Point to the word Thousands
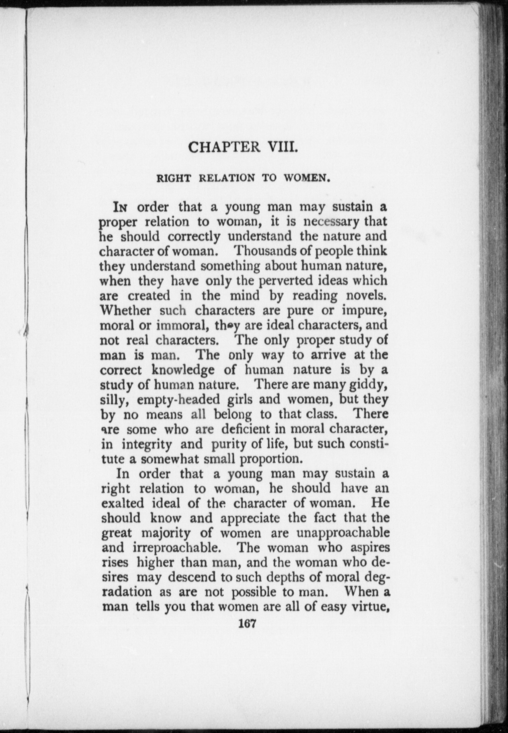point(266,251)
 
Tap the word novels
point(367,295)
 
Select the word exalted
point(122,504)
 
